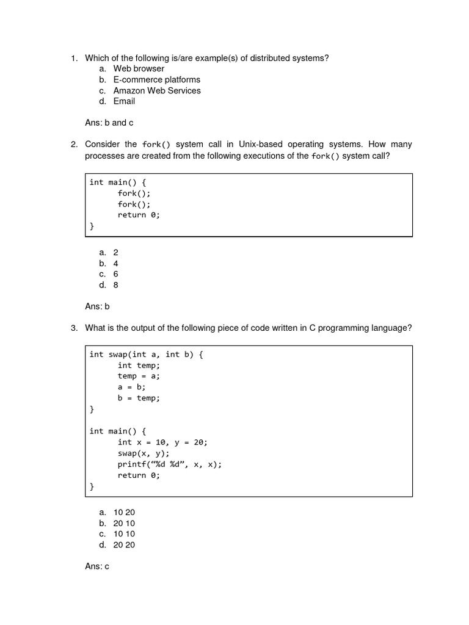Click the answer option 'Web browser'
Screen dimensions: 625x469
pos(139,68)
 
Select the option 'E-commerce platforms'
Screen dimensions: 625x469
pos(156,79)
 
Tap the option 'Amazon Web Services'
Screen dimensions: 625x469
pos(156,90)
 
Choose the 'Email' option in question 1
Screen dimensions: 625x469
pos(124,101)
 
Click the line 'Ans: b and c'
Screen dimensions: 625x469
pos(109,123)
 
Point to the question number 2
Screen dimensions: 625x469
pos(73,145)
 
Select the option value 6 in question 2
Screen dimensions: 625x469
pos(115,274)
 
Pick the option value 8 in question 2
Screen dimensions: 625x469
pos(115,285)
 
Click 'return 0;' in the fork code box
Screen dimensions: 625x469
pos(139,215)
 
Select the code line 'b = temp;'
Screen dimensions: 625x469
pos(139,398)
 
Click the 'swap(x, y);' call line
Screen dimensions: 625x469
pos(144,453)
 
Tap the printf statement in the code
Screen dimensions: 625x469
pos(170,464)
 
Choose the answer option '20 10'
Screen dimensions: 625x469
pos(124,523)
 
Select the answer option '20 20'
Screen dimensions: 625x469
pos(124,545)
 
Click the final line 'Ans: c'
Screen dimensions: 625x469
pos(97,566)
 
